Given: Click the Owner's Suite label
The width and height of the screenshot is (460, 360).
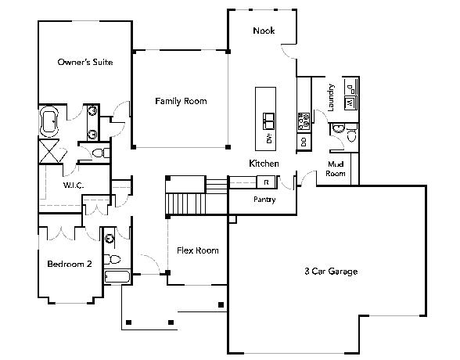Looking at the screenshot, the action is click(x=85, y=62).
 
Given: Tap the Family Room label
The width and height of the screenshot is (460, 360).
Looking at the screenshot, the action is click(x=181, y=101).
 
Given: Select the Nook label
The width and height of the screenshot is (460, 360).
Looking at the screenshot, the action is click(x=264, y=31).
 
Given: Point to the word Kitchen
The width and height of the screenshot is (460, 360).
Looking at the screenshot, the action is click(x=264, y=164).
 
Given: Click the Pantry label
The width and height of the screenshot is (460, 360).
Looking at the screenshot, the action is click(x=264, y=200).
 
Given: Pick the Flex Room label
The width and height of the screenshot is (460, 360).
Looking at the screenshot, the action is click(x=198, y=250).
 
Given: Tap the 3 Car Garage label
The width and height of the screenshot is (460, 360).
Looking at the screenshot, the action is click(x=331, y=271).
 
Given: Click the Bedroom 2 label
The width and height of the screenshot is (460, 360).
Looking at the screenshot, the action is click(x=70, y=264).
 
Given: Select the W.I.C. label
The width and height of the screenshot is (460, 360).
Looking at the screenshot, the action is click(x=73, y=185).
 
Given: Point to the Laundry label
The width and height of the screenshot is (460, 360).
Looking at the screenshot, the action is click(x=331, y=97).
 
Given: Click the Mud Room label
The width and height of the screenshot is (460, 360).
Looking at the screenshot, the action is click(x=336, y=169).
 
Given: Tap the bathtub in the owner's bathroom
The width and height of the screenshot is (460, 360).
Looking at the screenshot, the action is click(x=49, y=121).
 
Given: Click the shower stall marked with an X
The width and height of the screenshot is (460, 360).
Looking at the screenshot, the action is click(x=49, y=151).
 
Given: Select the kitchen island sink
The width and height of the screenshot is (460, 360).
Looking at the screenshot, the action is click(x=268, y=121).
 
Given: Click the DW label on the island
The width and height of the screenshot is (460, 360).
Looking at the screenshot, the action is click(x=269, y=139).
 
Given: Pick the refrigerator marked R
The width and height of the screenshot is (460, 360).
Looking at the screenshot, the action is click(x=266, y=182).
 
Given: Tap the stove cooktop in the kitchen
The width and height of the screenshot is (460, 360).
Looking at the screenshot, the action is click(x=304, y=121).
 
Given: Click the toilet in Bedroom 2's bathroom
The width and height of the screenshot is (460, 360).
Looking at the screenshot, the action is click(x=113, y=259).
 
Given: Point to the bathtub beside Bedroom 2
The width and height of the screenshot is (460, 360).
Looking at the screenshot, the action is click(x=117, y=277).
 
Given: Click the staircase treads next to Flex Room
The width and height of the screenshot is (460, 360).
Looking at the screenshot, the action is click(x=185, y=204).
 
